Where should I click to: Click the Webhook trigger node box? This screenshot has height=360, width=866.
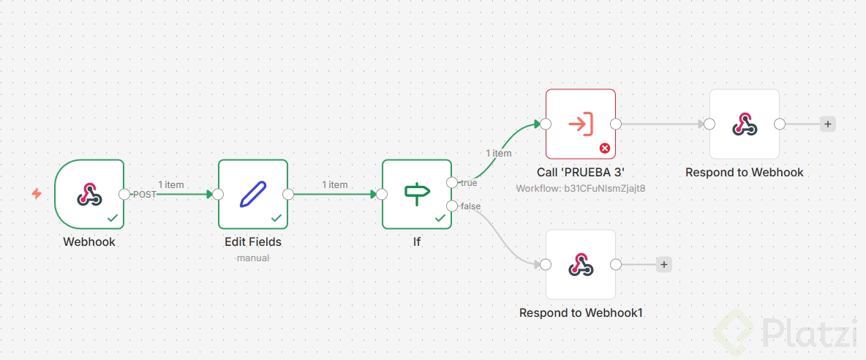tap(89, 194)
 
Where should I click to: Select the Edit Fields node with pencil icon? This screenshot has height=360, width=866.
tap(253, 194)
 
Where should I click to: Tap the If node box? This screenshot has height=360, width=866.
tap(417, 194)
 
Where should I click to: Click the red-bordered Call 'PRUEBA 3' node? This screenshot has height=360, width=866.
tap(581, 124)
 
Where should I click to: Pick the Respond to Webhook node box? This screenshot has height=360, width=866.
tap(745, 124)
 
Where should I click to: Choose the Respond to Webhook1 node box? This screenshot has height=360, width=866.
tap(581, 264)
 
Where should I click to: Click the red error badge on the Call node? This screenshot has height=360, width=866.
tap(605, 148)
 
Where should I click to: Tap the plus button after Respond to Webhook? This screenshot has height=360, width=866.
tap(828, 124)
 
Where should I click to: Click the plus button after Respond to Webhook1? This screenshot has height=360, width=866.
tap(664, 265)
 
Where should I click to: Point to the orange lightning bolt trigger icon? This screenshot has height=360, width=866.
tap(37, 194)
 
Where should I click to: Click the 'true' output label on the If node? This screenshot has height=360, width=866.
tap(469, 183)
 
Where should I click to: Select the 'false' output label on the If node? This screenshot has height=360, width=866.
tap(471, 206)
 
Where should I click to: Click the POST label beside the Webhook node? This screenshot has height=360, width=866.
tap(144, 195)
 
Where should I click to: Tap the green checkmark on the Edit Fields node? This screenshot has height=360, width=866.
tap(276, 218)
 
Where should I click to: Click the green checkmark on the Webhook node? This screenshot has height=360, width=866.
tap(113, 218)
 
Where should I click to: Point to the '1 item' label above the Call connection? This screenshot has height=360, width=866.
tap(499, 153)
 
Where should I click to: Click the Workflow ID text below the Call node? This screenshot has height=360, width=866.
tap(581, 188)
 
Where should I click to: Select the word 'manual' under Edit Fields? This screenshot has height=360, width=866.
tap(253, 258)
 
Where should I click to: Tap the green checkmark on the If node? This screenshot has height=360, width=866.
tap(440, 218)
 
